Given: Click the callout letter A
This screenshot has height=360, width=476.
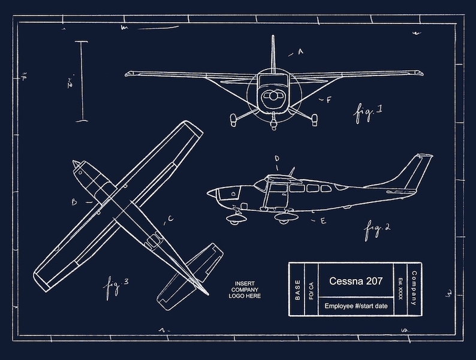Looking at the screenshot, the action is pos(300,52).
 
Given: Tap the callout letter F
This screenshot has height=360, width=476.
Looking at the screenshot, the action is pos(329,100).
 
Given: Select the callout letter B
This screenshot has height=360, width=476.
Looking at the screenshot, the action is pos(74,202).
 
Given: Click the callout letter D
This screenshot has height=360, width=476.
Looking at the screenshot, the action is pos(276,159).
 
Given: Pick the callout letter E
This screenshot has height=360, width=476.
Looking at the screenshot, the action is pos(323,221).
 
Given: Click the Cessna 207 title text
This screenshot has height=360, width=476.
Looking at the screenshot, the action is pos(356,281).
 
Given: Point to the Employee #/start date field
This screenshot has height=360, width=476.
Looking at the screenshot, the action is pos(356,306).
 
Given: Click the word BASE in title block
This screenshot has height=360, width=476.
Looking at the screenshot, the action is pos(297,289).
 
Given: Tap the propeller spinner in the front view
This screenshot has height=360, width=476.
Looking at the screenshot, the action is pos(273,96).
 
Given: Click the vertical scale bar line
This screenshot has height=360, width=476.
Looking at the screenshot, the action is pos(82,80).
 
